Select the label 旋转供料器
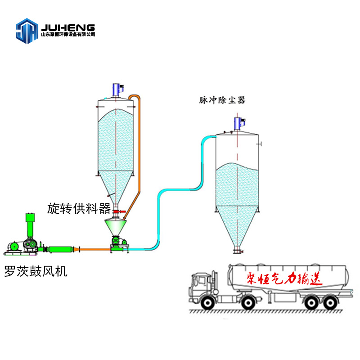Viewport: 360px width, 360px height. pos(79,208)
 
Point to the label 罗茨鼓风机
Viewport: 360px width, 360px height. pos(36,271)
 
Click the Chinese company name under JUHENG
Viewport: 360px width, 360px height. pos(67,35)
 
